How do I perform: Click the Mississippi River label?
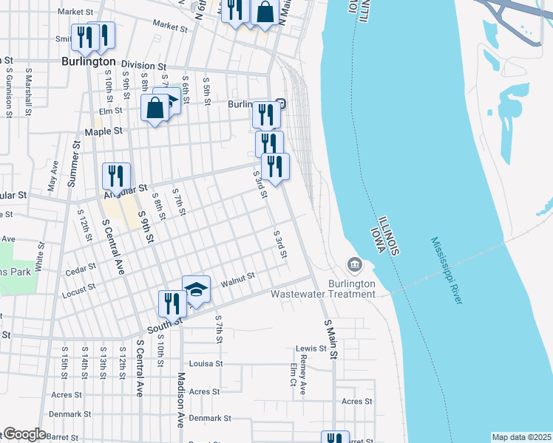point(447,270)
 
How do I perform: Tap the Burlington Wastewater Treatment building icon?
point(354,264)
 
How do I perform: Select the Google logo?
point(24,433)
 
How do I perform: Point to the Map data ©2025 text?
point(521,437)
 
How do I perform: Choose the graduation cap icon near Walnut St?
point(197,289)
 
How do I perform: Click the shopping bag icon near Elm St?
point(155,108)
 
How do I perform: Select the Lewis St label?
point(311,348)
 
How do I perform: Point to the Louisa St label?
point(206,363)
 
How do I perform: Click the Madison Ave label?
point(179,399)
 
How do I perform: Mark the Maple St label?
point(104,131)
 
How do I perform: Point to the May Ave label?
point(52,179)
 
